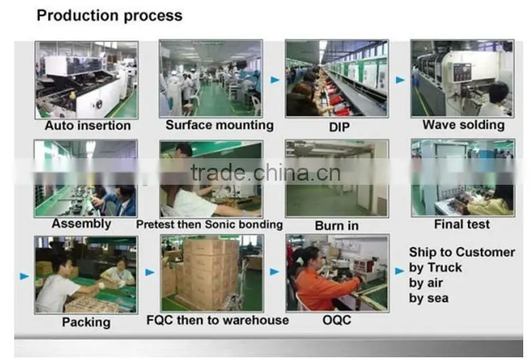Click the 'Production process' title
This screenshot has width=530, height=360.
[x=109, y=16]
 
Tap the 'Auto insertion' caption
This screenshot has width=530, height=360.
[x=88, y=126]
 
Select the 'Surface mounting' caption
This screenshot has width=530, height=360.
[x=220, y=125]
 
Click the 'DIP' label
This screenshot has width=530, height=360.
[x=339, y=127]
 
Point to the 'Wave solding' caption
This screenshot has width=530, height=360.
[x=463, y=125]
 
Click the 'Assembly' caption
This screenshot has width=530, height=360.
[x=81, y=223]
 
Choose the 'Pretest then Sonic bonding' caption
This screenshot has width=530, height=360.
[x=210, y=224]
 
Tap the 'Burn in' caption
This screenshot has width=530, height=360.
[x=337, y=226]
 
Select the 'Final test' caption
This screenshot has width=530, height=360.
[x=461, y=224]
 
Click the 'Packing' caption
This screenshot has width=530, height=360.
[x=86, y=322]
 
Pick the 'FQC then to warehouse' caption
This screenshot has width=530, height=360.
[x=218, y=320]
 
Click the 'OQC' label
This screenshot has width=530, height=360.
[x=337, y=320]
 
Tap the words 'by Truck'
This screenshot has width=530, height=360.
[x=436, y=268]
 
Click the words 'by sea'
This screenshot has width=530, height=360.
[x=429, y=298]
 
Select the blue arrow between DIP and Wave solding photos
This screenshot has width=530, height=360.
[x=400, y=80]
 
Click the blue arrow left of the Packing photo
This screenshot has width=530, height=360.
[x=24, y=276]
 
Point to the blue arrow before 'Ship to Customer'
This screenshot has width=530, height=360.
[x=400, y=270]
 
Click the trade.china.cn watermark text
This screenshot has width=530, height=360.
[x=265, y=173]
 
